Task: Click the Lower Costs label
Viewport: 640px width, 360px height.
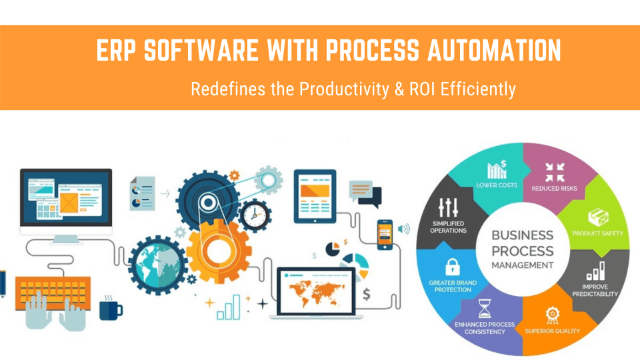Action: [x=497, y=185]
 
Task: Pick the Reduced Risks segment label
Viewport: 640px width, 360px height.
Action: [x=554, y=188]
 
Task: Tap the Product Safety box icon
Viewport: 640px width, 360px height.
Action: [x=597, y=217]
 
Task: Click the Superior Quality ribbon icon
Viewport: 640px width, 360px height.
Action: [x=552, y=314]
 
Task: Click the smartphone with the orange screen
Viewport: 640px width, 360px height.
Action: [x=385, y=234]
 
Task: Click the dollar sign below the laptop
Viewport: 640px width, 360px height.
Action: [x=367, y=294]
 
